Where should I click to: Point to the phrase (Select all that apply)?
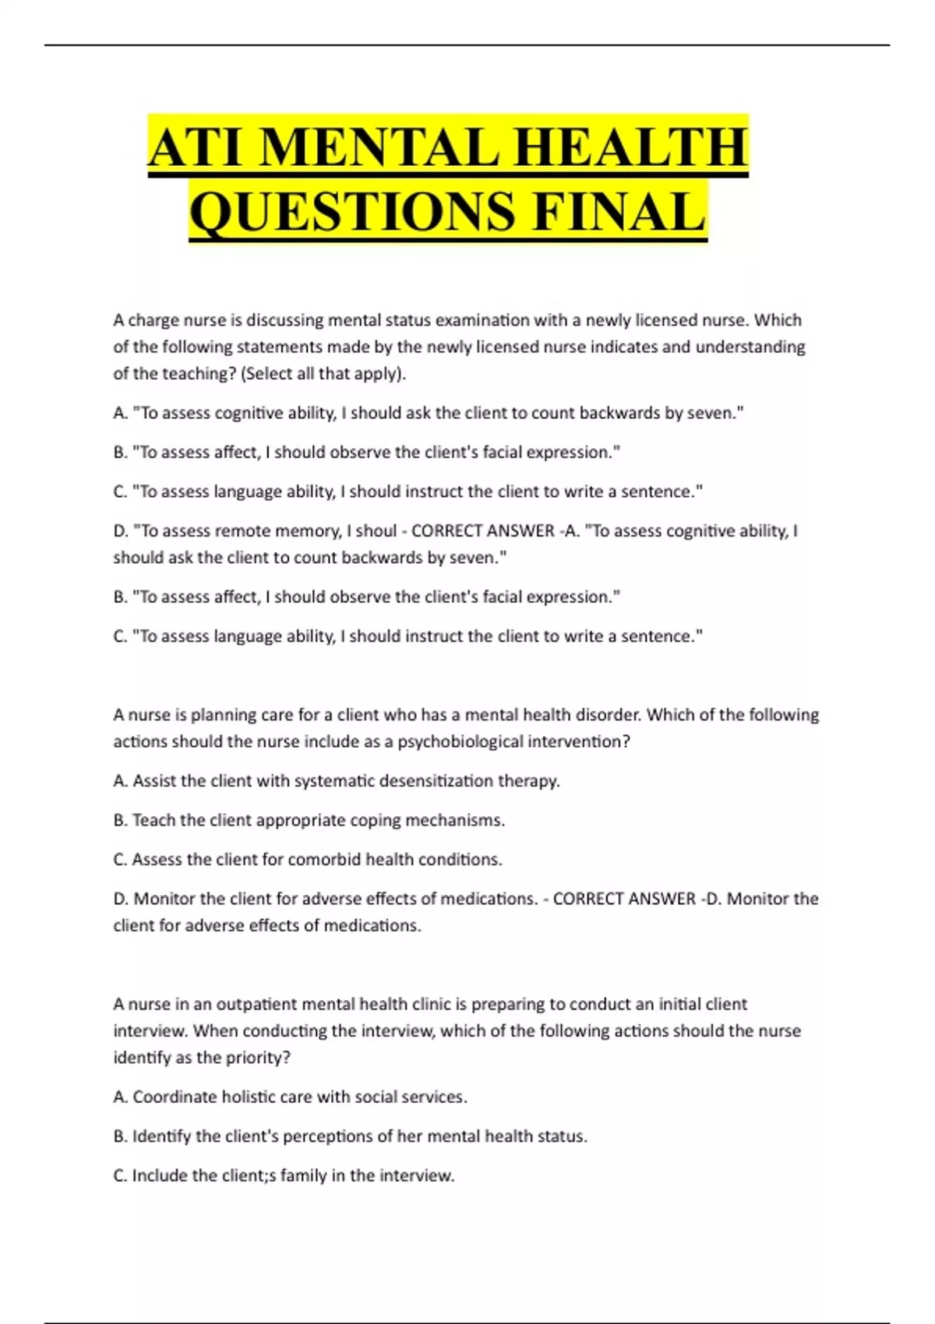pos(324,374)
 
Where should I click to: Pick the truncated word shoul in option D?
pos(376,531)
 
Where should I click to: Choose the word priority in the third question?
pos(257,1058)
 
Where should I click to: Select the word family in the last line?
pos(303,1176)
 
